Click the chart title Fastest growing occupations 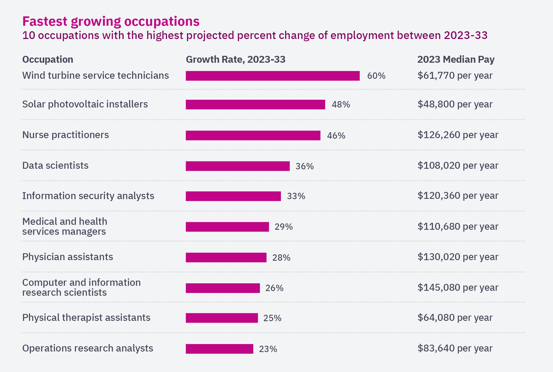111,21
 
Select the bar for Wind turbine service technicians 272,76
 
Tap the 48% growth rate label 341,105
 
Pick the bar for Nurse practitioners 253,135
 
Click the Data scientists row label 55,166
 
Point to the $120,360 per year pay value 458,196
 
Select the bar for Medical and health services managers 227,227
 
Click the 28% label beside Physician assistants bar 281,258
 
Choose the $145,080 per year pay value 458,287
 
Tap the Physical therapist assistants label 86,318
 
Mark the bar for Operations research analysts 219,349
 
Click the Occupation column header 48,59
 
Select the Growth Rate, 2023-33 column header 235,59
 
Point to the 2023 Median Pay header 456,59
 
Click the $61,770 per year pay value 455,76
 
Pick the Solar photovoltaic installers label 85,104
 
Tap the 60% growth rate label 376,76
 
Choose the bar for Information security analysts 233,196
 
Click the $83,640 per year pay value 455,348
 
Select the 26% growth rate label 274,288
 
